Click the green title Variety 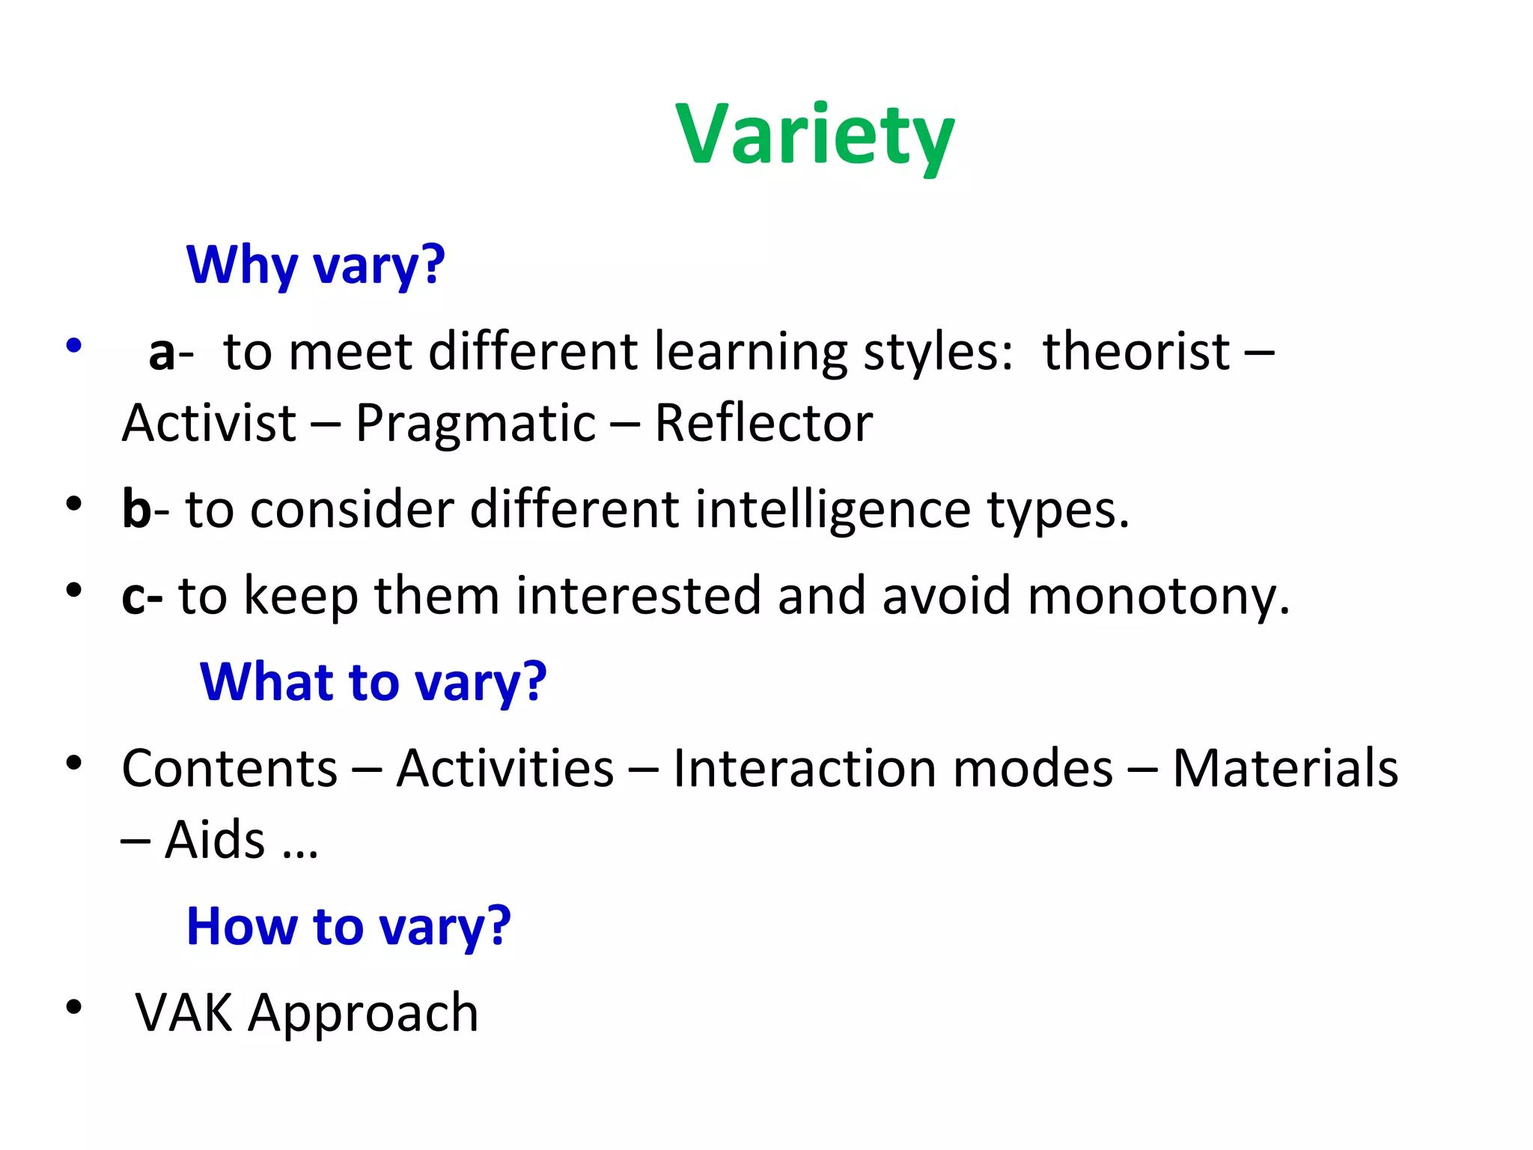click(814, 135)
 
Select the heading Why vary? click(315, 265)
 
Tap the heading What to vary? click(373, 682)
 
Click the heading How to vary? click(348, 927)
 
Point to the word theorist click(1136, 351)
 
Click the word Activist click(209, 423)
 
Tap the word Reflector click(764, 423)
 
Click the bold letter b click(137, 509)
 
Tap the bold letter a click(162, 352)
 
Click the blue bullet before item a click(73, 346)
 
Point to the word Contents click(230, 769)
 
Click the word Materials click(1284, 769)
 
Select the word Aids click(215, 840)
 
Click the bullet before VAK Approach click(73, 1007)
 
